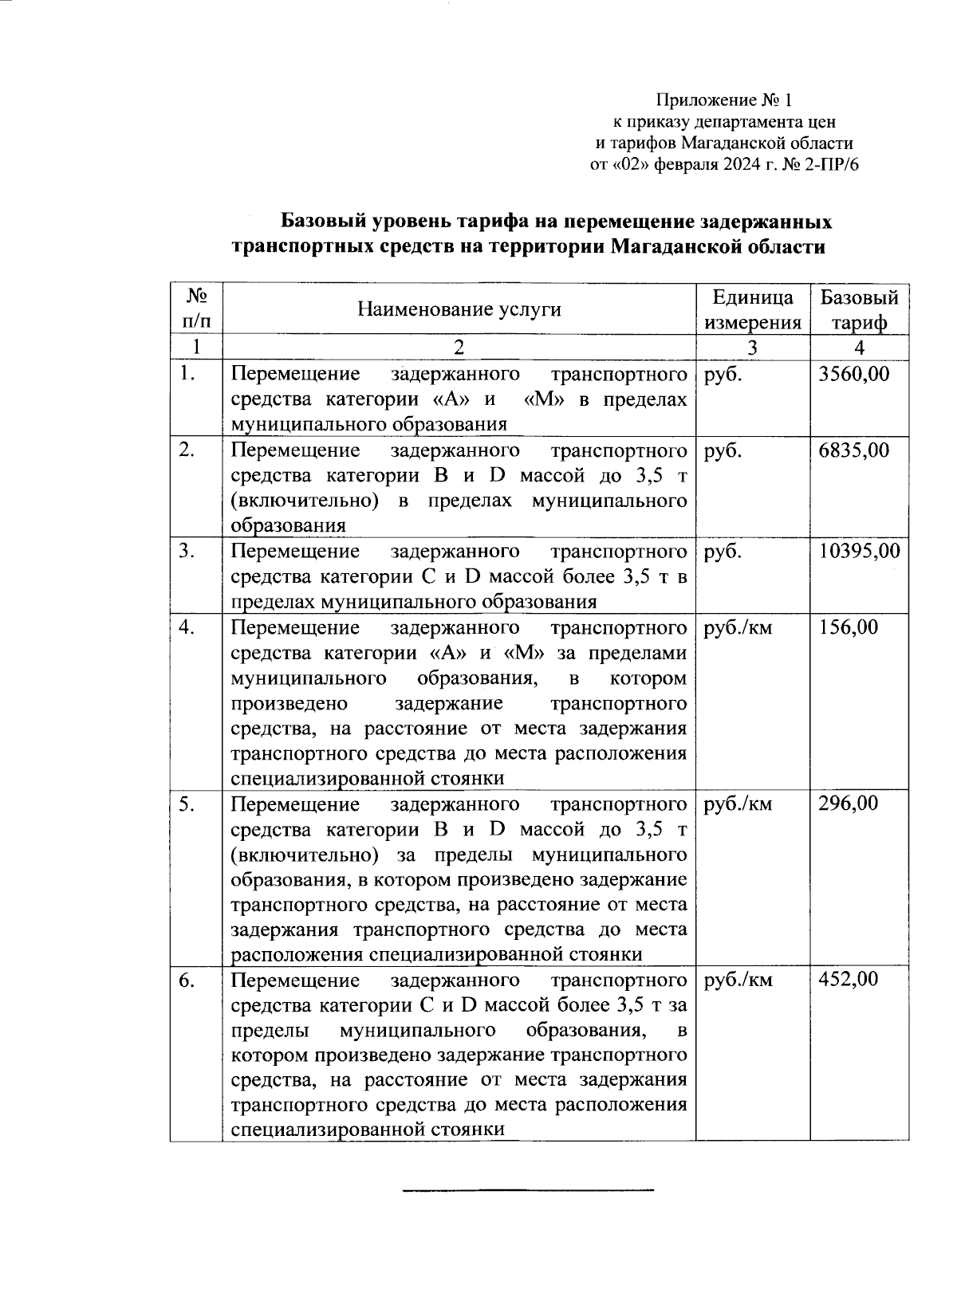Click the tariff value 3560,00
click(854, 374)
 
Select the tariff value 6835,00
click(854, 450)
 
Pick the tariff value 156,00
click(849, 627)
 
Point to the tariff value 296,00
click(849, 804)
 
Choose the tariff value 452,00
click(849, 980)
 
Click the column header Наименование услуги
click(459, 309)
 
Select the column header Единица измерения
click(753, 309)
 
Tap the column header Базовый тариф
click(859, 309)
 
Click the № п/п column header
click(196, 309)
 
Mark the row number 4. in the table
click(187, 627)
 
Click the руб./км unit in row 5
click(738, 804)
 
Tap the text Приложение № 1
click(724, 100)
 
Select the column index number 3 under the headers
click(753, 347)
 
